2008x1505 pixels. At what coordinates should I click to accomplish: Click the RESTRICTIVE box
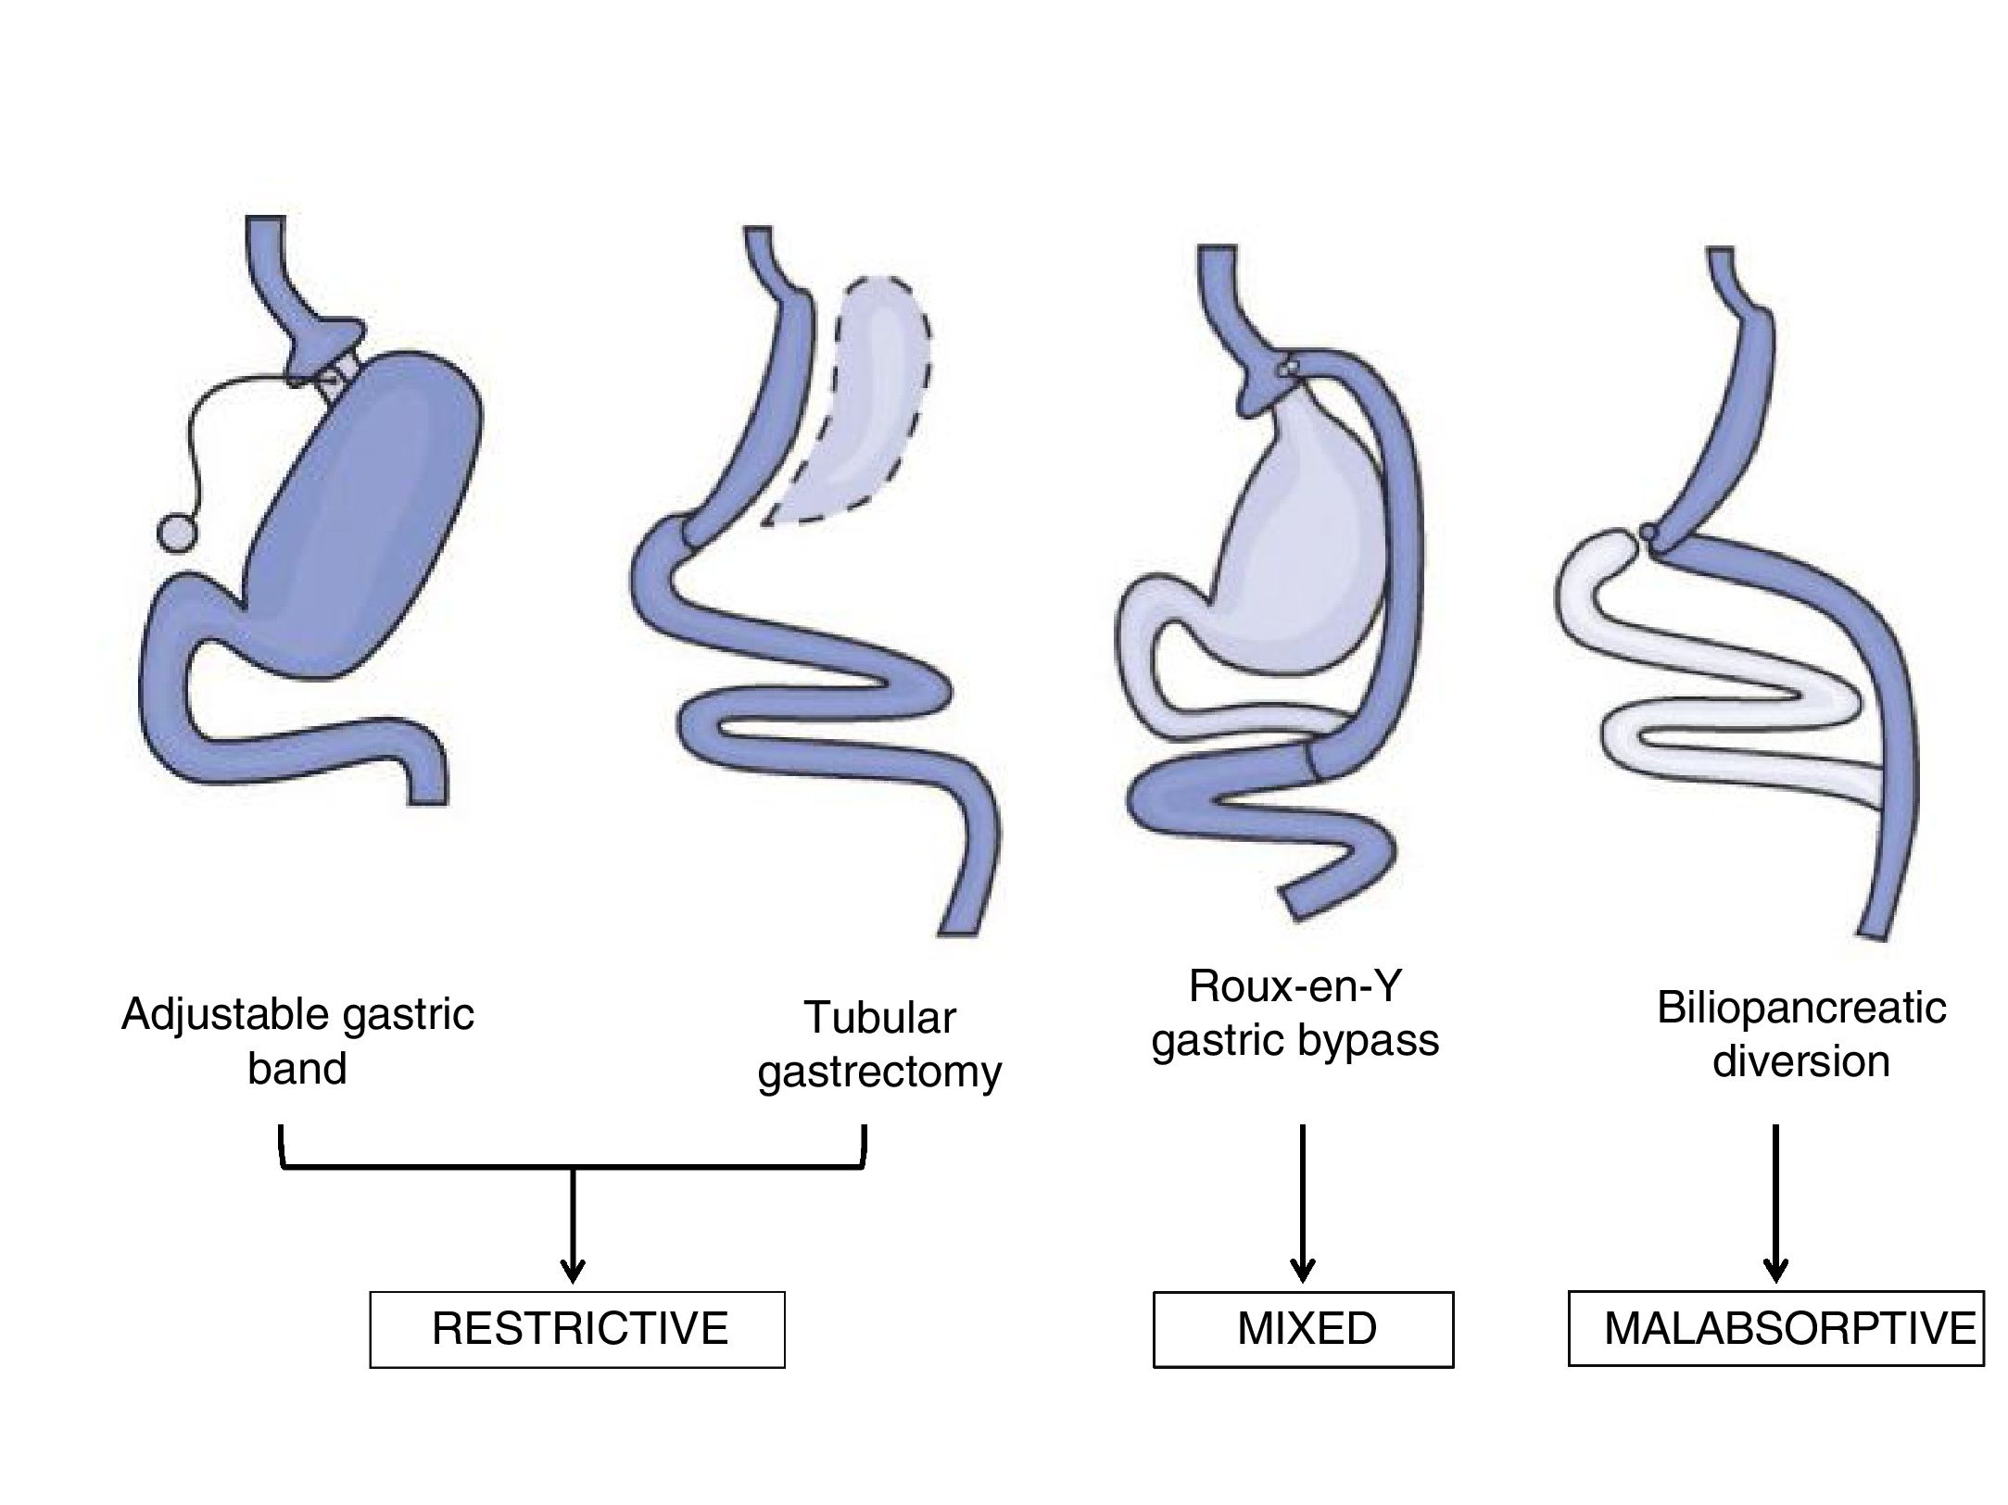point(576,1330)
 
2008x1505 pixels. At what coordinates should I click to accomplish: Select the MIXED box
point(1303,1330)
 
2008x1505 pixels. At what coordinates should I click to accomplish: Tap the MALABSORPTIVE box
point(1775,1328)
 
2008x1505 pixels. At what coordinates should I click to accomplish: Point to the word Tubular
point(879,1018)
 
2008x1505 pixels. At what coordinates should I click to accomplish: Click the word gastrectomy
point(879,1072)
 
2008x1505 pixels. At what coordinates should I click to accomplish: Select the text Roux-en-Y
point(1294,987)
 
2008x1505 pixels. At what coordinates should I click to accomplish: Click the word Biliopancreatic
point(1800,1008)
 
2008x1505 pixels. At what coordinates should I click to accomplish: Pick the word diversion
point(1800,1061)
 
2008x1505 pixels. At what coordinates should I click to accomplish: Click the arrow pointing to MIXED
point(1303,1204)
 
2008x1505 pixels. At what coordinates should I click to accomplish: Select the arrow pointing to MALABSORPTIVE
point(1775,1204)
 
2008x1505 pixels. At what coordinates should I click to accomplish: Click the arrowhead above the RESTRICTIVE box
point(574,1269)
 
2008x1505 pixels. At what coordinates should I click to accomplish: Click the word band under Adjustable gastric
point(297,1069)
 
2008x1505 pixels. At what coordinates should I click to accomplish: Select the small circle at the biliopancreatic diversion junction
point(1648,533)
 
